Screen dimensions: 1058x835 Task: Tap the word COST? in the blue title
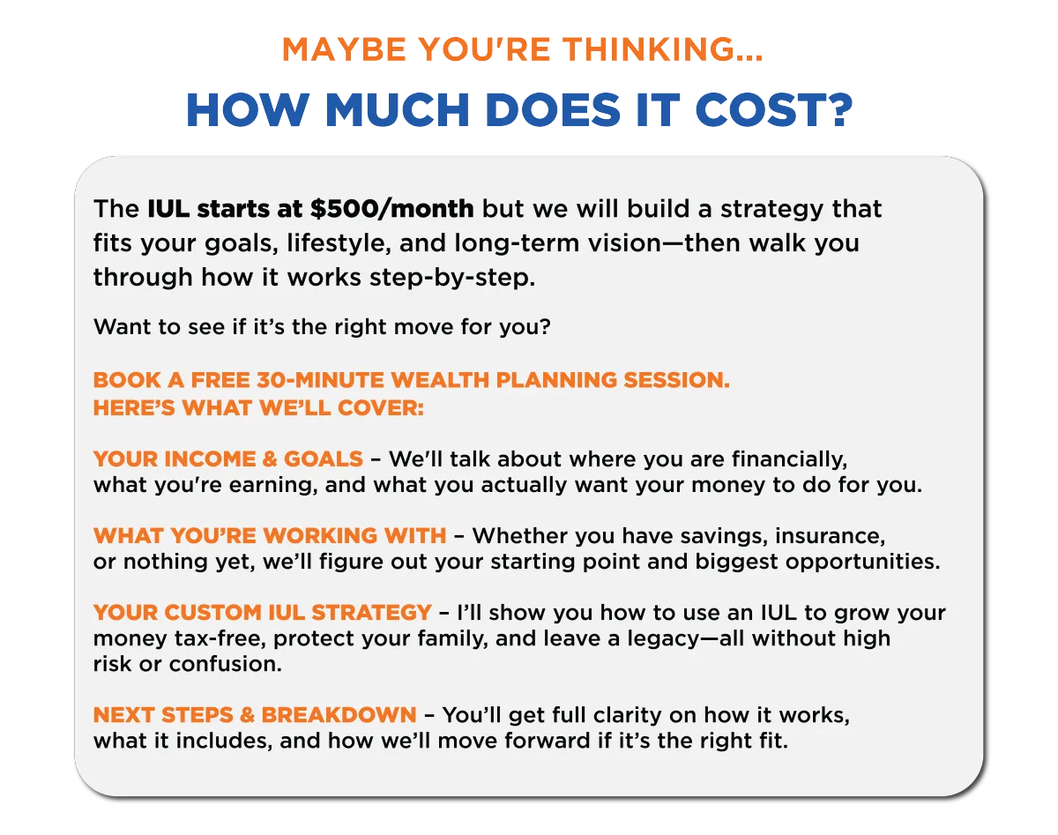click(x=774, y=109)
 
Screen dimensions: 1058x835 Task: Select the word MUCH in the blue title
click(x=397, y=109)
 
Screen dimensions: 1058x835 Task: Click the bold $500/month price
click(x=392, y=209)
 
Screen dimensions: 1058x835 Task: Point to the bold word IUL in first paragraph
click(x=168, y=209)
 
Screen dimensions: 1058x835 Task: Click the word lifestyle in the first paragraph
click(x=339, y=243)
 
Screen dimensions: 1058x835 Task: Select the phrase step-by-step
click(x=452, y=278)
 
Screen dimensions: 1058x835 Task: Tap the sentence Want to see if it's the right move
click(x=322, y=327)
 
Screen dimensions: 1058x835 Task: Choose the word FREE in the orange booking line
click(x=220, y=380)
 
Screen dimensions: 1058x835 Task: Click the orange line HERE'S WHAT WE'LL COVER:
click(x=258, y=408)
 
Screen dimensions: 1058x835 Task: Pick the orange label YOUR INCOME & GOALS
click(x=228, y=459)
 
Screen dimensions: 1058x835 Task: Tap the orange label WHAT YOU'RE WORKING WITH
click(x=270, y=536)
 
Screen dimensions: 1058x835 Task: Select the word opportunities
click(x=862, y=563)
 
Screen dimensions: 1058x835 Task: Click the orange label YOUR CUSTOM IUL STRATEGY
click(x=263, y=613)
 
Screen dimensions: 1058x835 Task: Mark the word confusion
click(x=225, y=664)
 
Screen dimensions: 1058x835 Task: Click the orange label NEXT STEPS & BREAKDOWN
click(x=255, y=715)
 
